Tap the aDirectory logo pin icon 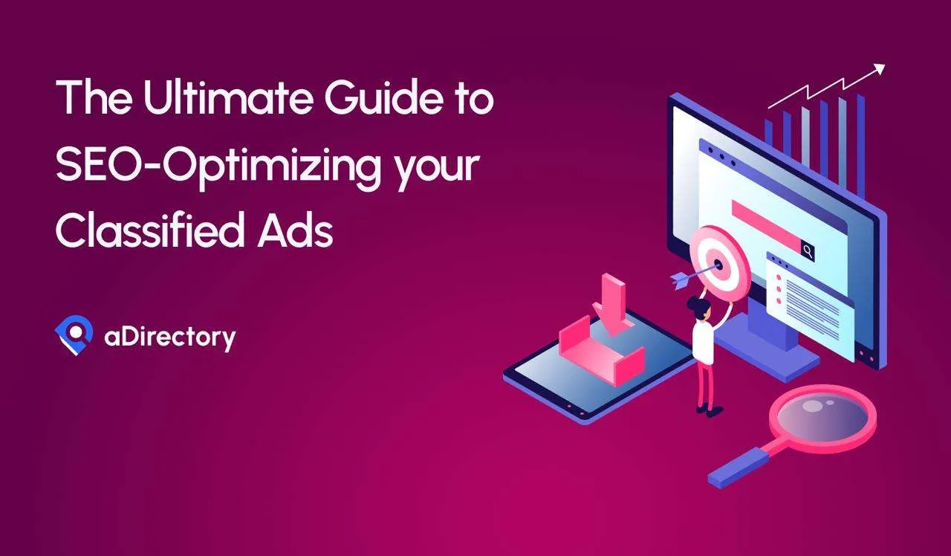coord(74,335)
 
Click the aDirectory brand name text coord(169,337)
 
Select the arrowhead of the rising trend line coord(879,69)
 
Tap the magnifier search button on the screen coord(808,251)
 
